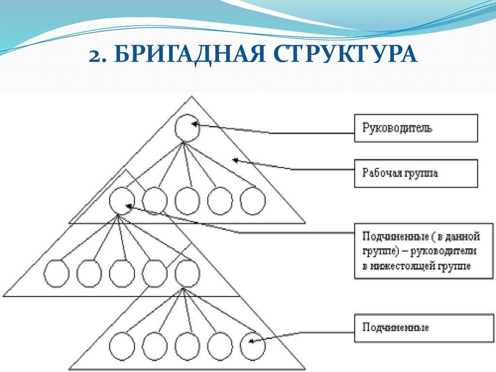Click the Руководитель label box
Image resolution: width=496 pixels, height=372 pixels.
[416, 128]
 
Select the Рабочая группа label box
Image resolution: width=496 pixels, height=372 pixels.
[416, 173]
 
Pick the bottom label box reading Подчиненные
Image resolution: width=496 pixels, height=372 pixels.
[416, 328]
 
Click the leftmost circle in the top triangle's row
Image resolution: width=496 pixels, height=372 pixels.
[122, 201]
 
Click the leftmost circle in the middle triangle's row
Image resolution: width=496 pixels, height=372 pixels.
[56, 274]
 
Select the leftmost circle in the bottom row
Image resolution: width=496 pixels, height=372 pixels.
[122, 346]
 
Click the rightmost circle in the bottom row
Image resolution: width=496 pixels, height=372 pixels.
[253, 346]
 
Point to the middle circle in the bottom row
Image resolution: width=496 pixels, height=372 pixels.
[187, 346]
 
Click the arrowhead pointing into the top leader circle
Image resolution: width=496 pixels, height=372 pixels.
[195, 124]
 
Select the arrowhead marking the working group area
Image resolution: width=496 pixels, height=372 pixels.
[236, 159]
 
